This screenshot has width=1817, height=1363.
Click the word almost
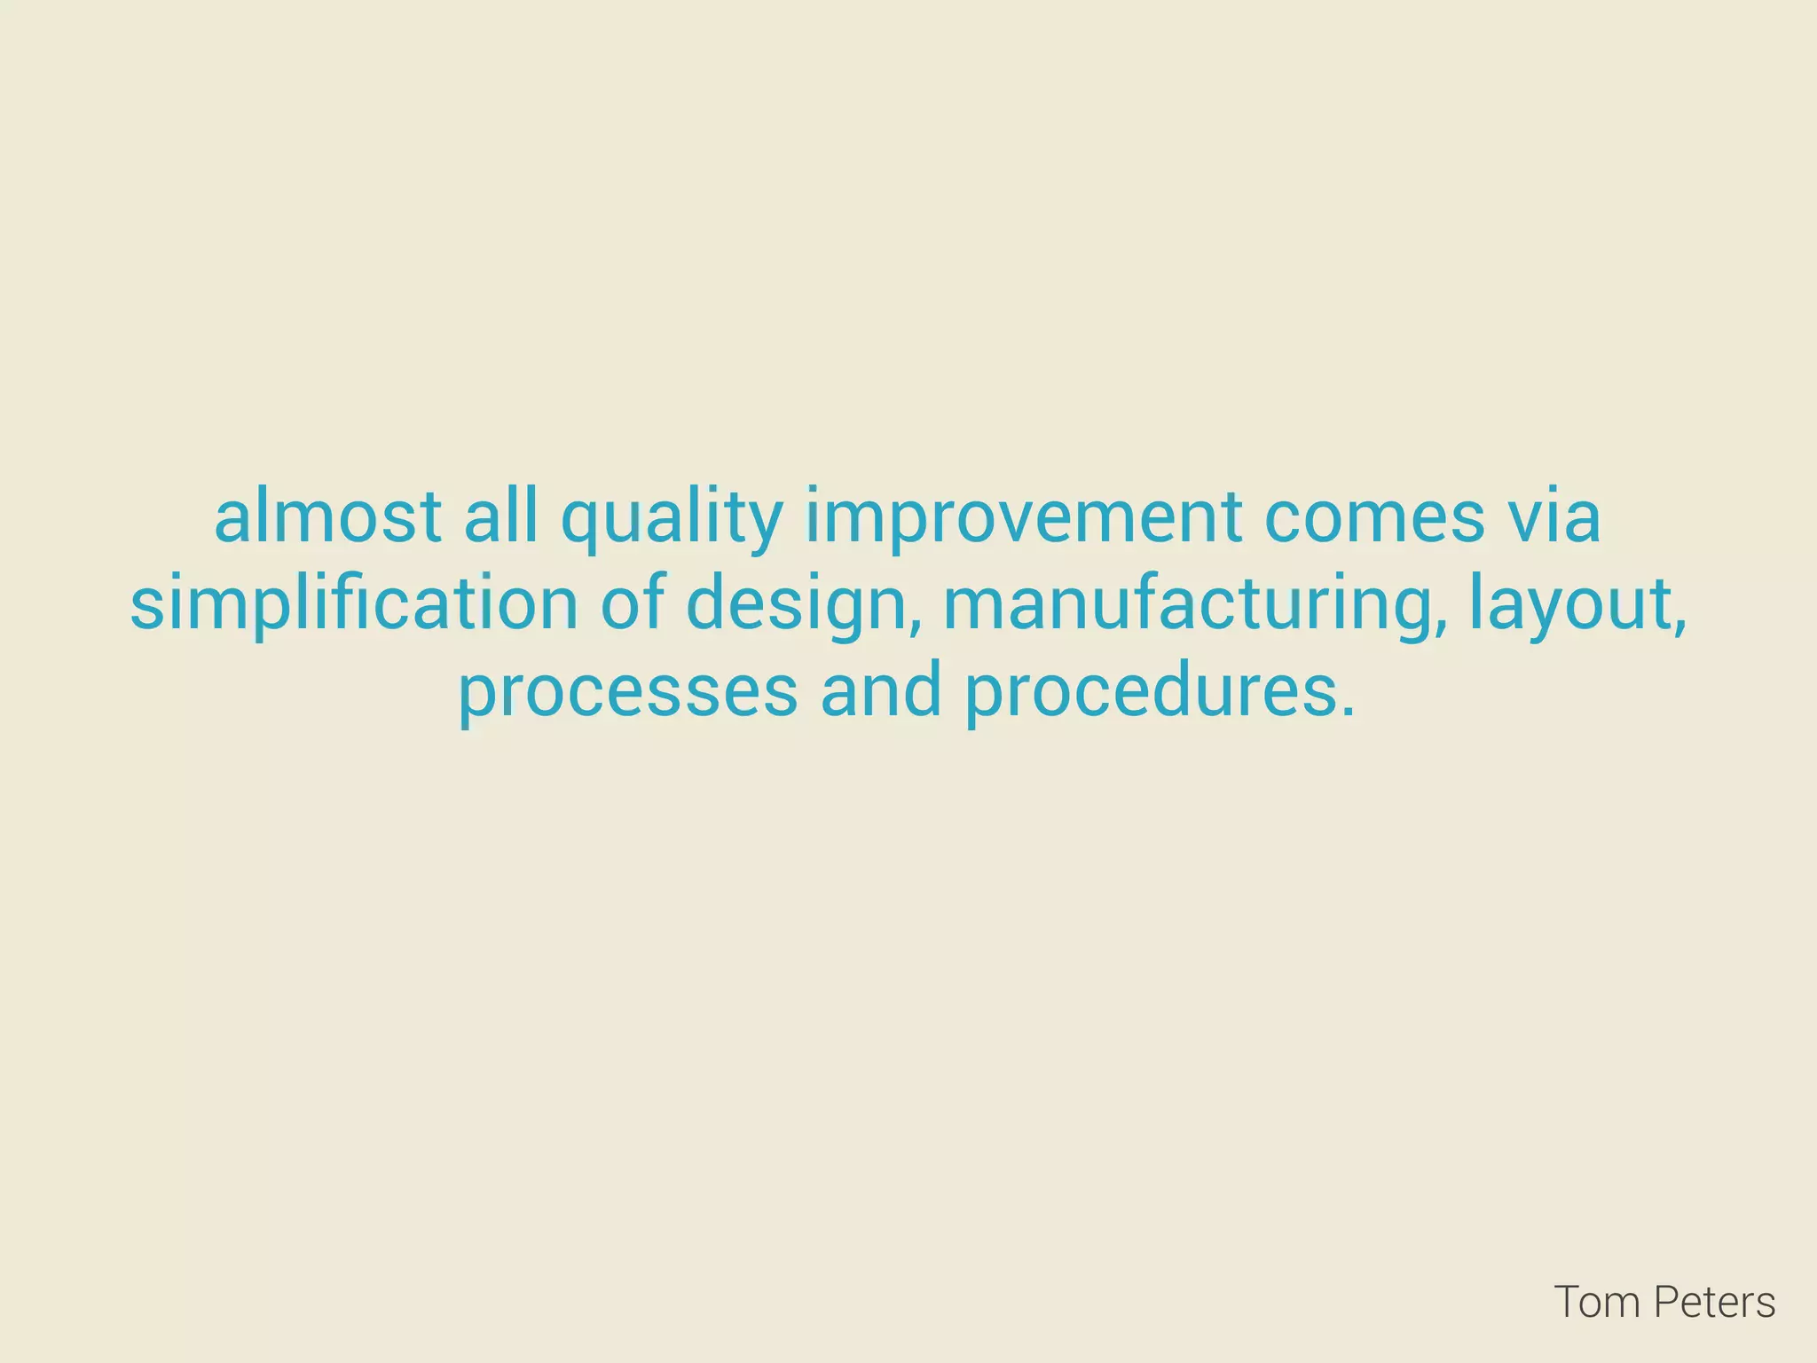coord(327,517)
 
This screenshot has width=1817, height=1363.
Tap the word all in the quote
coord(500,517)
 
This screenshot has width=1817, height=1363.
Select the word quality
coord(672,522)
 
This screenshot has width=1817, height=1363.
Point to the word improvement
coord(1023,522)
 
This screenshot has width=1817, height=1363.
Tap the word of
coord(632,603)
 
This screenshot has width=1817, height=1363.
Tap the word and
coord(881,691)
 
